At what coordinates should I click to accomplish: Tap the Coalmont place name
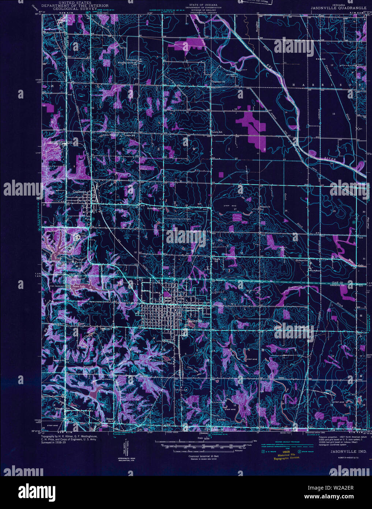[x=79, y=192]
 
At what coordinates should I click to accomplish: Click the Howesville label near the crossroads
[x=304, y=260]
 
